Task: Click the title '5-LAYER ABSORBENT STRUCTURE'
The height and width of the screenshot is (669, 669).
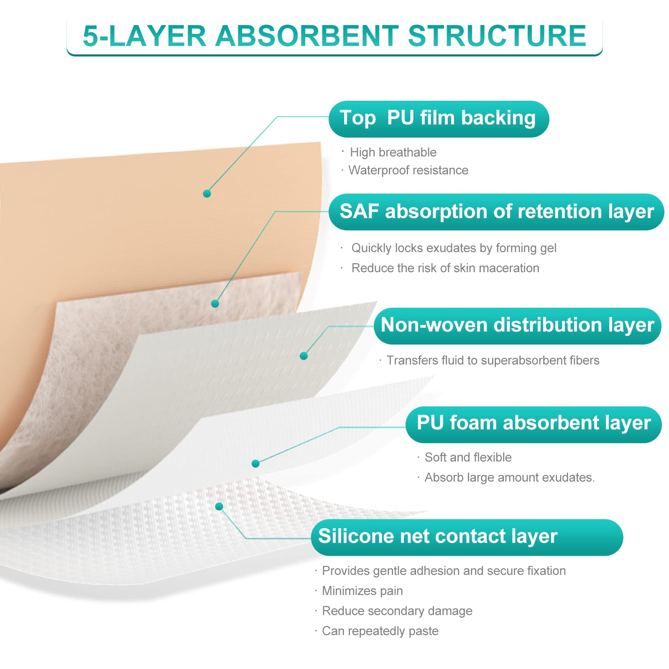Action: coord(334,36)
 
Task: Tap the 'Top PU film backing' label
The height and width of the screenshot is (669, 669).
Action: coord(438,118)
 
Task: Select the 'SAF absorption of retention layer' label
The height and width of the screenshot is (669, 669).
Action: coord(496,212)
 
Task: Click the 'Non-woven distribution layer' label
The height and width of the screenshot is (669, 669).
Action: coord(517,326)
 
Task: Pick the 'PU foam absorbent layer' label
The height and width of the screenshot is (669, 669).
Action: coord(534,424)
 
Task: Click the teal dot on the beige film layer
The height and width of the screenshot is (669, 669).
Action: coord(207,194)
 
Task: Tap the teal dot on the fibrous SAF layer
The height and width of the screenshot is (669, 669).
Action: coord(215,304)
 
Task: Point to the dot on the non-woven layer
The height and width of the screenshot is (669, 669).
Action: coord(304,356)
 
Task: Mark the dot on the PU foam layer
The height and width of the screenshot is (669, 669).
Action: coord(255,463)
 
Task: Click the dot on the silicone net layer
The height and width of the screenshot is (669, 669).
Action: coord(219,507)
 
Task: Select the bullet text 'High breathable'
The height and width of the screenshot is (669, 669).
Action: coord(393,152)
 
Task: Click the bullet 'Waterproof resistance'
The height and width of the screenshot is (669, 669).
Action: coord(408,170)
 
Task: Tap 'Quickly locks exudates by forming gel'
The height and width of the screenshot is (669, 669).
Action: coord(454,248)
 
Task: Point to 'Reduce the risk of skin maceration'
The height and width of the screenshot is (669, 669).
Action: coord(445,268)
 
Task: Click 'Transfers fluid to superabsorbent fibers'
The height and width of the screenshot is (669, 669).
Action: coord(493,360)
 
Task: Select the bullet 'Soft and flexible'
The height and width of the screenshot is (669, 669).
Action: coord(468,457)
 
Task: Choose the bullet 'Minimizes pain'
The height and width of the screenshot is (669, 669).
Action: coord(362,591)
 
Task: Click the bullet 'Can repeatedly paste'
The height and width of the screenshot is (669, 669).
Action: coord(380,631)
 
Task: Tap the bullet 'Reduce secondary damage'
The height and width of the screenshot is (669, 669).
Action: coord(397,611)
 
